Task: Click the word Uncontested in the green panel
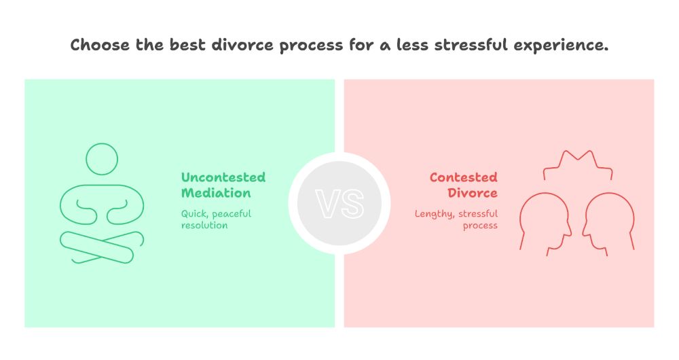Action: click(x=223, y=177)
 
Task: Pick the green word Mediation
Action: click(x=215, y=193)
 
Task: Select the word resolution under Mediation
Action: click(x=204, y=225)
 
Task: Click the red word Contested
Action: click(x=463, y=177)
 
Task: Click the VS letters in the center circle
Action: click(x=339, y=203)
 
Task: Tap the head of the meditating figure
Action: click(x=102, y=159)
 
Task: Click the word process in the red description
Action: click(x=480, y=225)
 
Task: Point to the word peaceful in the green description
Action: click(x=231, y=213)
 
